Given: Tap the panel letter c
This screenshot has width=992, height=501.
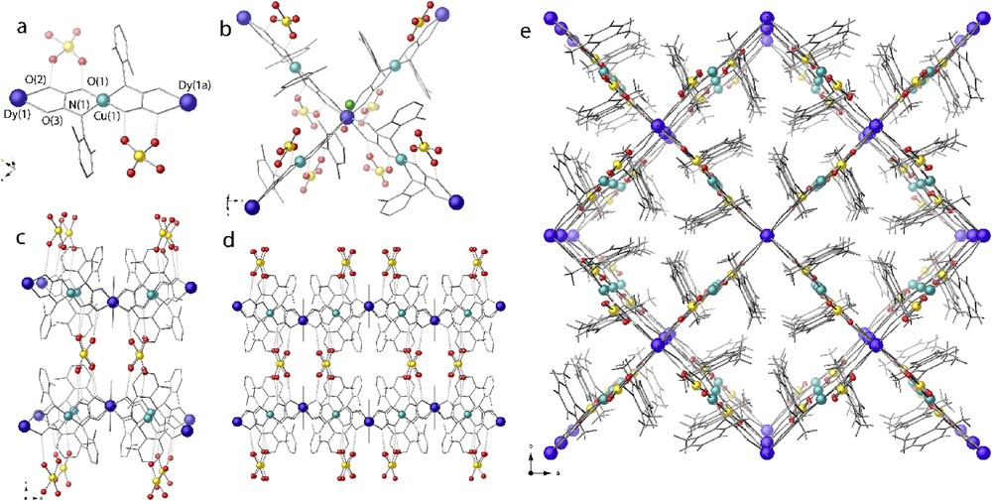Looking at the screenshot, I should tap(22, 238).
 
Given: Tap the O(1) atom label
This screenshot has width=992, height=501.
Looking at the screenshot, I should tap(99, 78).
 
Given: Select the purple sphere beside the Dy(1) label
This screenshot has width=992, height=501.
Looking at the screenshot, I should tap(17, 99).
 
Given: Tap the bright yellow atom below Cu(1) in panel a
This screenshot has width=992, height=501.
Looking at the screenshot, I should tap(135, 156).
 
